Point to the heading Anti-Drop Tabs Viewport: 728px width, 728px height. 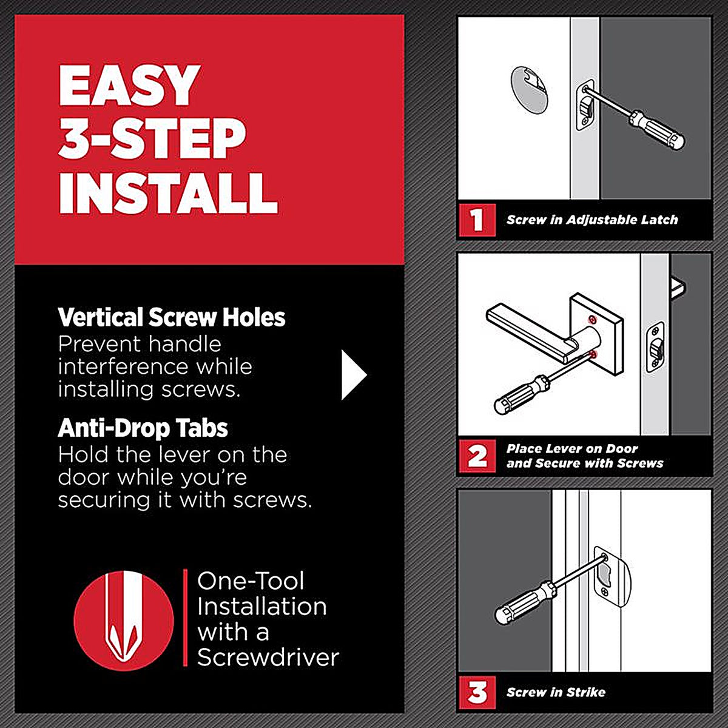coord(143,428)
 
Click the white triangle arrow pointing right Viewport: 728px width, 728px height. coord(353,374)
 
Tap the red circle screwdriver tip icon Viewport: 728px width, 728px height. coord(124,621)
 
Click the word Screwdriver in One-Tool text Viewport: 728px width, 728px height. coord(268,658)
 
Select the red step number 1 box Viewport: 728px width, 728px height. coord(477,220)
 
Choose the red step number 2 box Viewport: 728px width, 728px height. coord(477,456)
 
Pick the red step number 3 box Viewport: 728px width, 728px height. coord(477,692)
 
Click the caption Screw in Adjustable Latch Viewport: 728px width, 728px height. coord(592,220)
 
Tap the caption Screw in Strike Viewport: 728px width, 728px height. coord(556,692)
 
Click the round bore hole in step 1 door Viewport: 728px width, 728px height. coord(528,90)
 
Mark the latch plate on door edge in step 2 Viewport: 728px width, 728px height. coord(655,347)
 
